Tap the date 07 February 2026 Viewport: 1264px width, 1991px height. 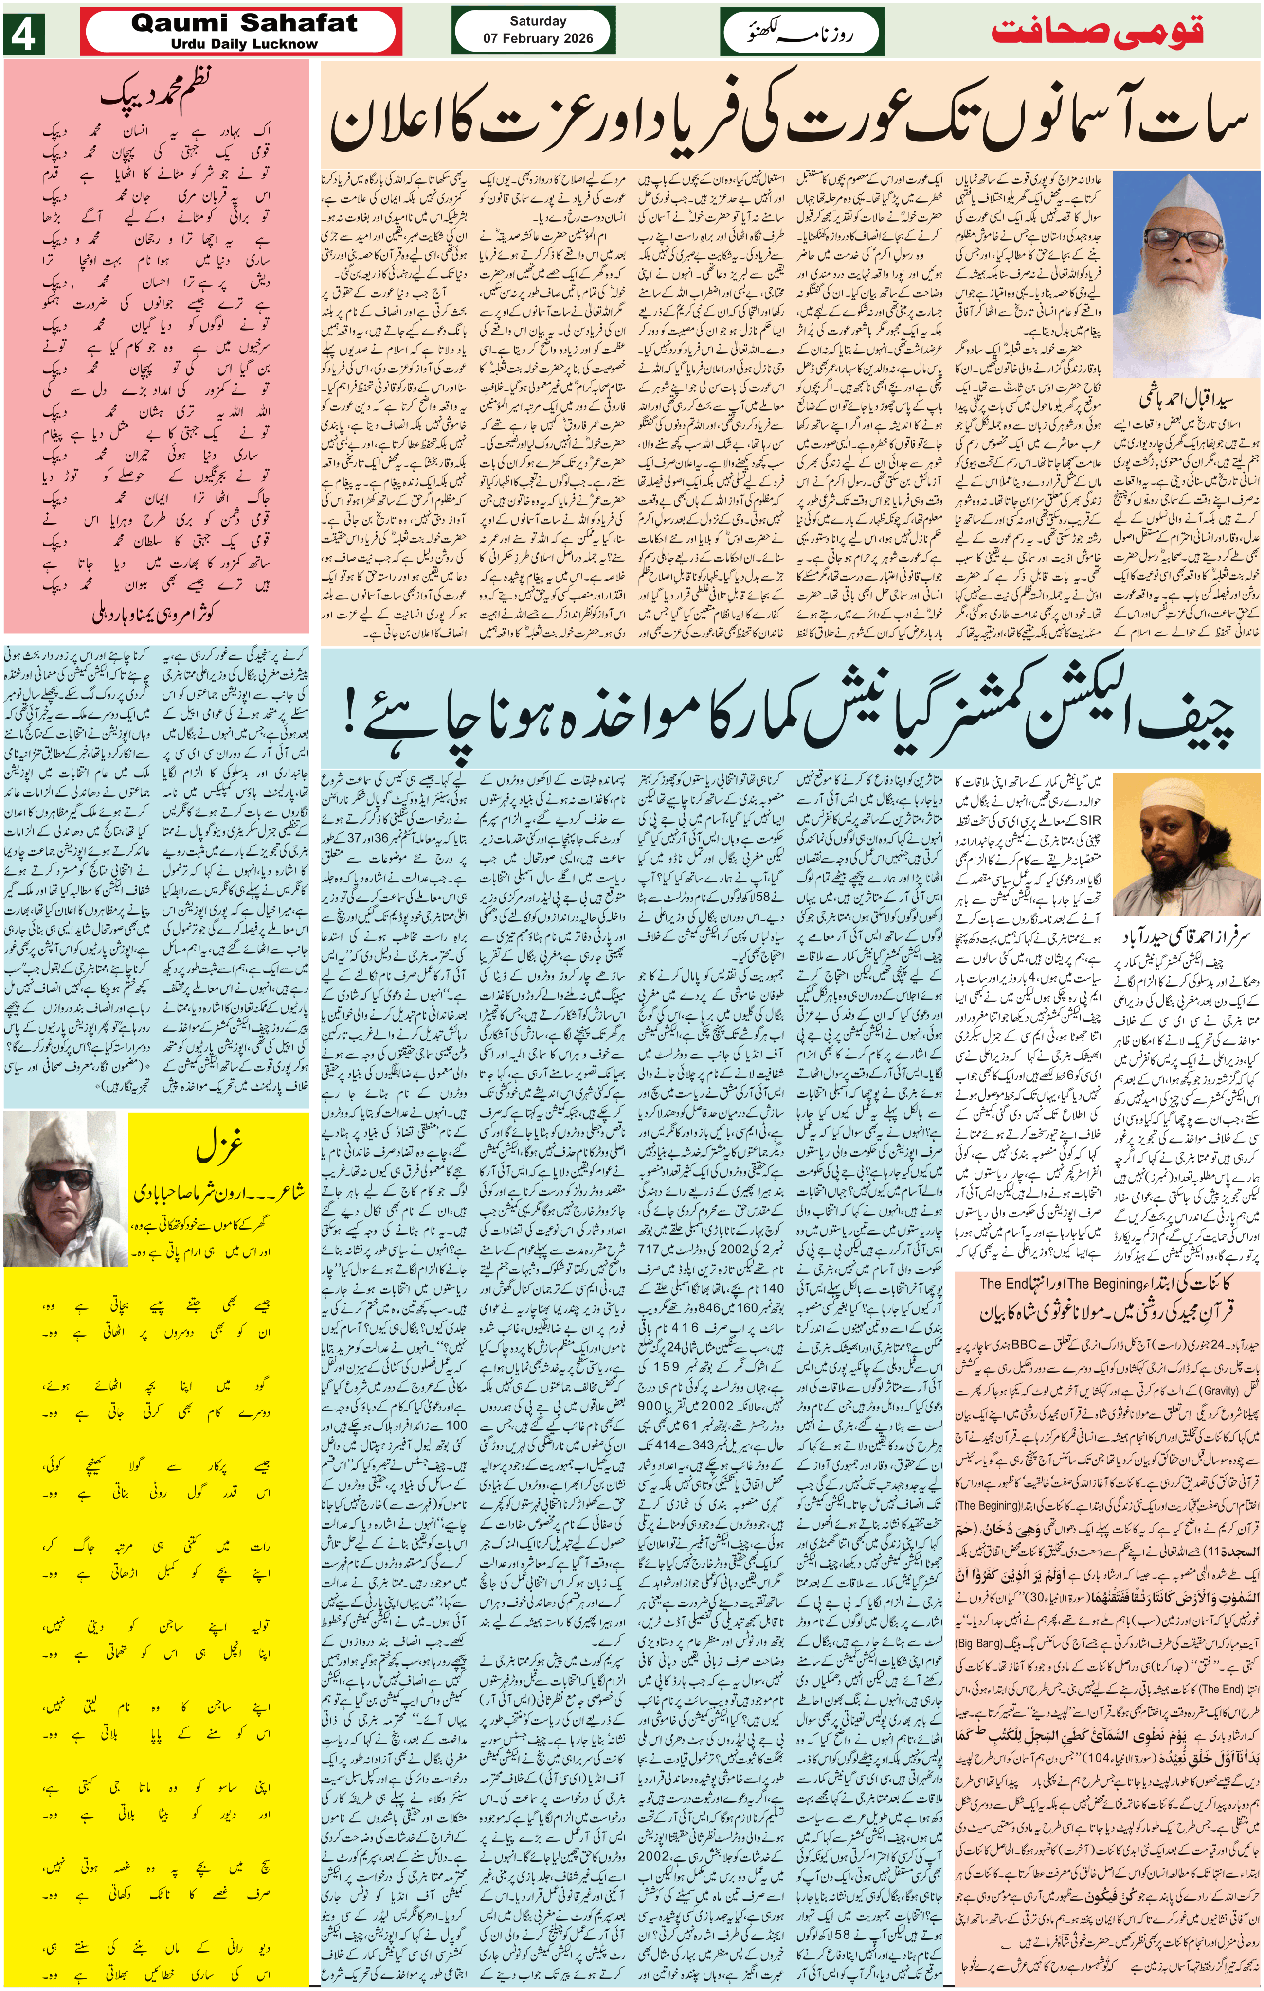pyautogui.click(x=538, y=38)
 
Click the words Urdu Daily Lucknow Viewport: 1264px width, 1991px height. pyautogui.click(x=244, y=44)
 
